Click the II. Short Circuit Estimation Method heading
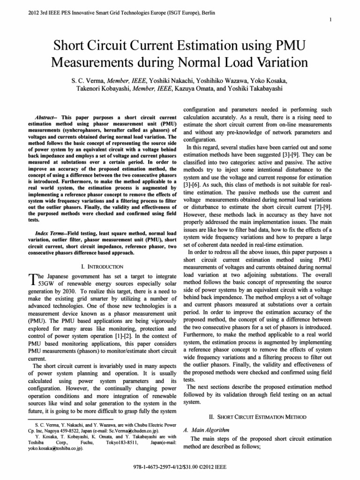pyautogui.click(x=260, y=416)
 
